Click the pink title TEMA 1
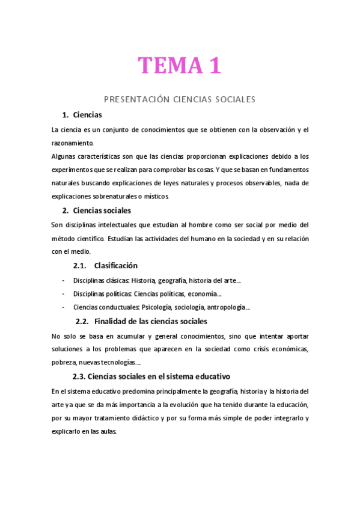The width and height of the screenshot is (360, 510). (180, 66)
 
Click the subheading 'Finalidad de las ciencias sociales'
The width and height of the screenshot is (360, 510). (151, 321)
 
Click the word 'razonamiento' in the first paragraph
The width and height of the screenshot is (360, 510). (72, 143)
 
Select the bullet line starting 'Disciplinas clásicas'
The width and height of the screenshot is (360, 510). (157, 280)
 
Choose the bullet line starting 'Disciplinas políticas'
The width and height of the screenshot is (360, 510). (147, 294)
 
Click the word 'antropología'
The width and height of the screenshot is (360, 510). (228, 307)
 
